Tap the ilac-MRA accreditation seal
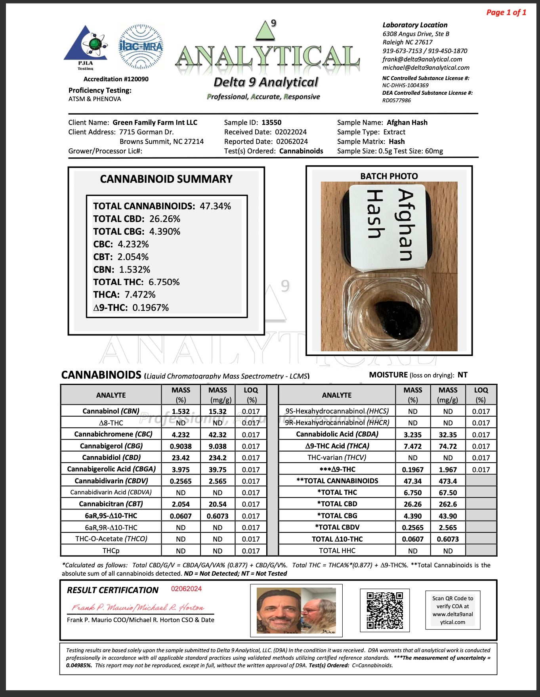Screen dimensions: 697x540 [141, 46]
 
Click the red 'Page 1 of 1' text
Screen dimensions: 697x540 [506, 12]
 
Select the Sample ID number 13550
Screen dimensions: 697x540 [271, 123]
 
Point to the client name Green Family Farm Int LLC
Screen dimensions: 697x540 [155, 123]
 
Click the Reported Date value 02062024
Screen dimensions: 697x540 [292, 142]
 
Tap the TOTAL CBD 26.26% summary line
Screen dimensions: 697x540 [137, 219]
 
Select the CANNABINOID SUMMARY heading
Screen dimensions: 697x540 [166, 179]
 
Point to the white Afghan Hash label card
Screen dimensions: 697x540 [388, 226]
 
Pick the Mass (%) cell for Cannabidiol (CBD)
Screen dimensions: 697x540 [181, 458]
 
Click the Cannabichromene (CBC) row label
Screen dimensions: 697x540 [111, 435]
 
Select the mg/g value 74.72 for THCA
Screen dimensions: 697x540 [448, 446]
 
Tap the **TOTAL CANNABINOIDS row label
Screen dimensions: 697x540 [337, 481]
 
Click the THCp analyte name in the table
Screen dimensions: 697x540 [111, 551]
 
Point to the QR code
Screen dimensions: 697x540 [385, 610]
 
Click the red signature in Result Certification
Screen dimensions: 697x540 [137, 607]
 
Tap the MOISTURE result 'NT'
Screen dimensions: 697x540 [462, 375]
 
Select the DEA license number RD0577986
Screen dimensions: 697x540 [397, 100]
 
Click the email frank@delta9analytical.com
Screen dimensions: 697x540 [422, 59]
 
